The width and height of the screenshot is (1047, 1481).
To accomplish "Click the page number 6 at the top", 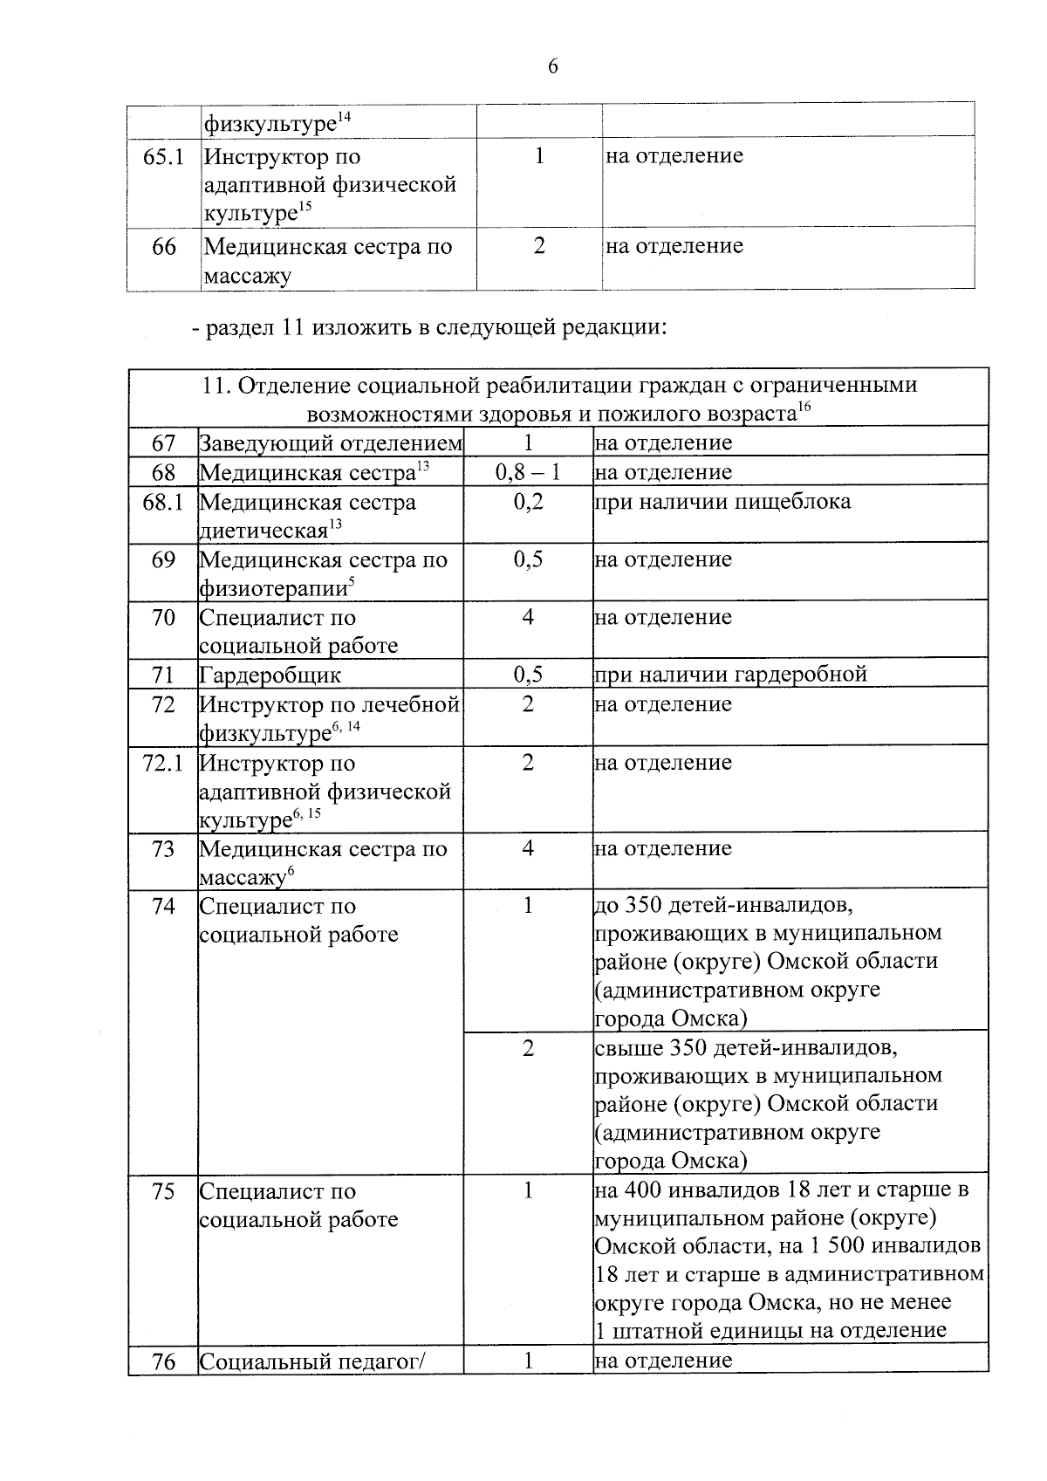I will (x=552, y=67).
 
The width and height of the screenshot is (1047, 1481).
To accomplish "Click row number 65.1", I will (x=163, y=157).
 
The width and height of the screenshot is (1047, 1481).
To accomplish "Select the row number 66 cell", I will (x=163, y=247).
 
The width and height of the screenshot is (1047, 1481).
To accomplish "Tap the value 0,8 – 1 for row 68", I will (x=527, y=473).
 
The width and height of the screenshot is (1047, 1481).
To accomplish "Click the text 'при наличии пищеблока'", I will (x=722, y=502).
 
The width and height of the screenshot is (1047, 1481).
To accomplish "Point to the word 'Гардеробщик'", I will (x=270, y=675).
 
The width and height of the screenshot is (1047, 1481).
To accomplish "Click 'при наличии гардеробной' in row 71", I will (x=730, y=675).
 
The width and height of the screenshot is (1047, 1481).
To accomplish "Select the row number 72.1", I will (x=163, y=764).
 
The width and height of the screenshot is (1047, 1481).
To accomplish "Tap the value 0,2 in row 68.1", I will (x=527, y=502).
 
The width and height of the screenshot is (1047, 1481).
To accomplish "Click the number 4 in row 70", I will (x=527, y=618).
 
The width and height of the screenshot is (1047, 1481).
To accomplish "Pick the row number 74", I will (x=163, y=907).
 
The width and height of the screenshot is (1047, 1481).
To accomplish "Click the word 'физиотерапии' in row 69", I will (x=272, y=589).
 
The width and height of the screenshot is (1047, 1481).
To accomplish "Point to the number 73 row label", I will (x=163, y=849).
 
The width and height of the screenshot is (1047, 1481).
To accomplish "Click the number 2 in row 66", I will (x=539, y=247).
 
